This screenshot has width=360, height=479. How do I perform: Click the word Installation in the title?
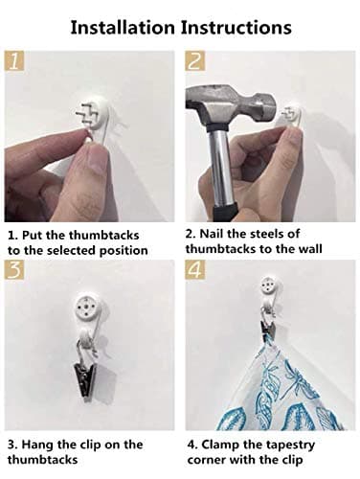point(123,28)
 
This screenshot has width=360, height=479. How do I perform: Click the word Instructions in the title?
point(236,28)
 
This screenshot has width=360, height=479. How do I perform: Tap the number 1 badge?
point(14,60)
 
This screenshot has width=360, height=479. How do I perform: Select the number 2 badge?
point(195,60)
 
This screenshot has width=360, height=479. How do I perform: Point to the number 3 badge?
point(14,269)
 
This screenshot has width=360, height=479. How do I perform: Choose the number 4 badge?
point(195,269)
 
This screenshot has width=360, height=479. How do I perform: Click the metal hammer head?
point(231,104)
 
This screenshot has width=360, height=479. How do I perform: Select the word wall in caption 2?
point(310,249)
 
